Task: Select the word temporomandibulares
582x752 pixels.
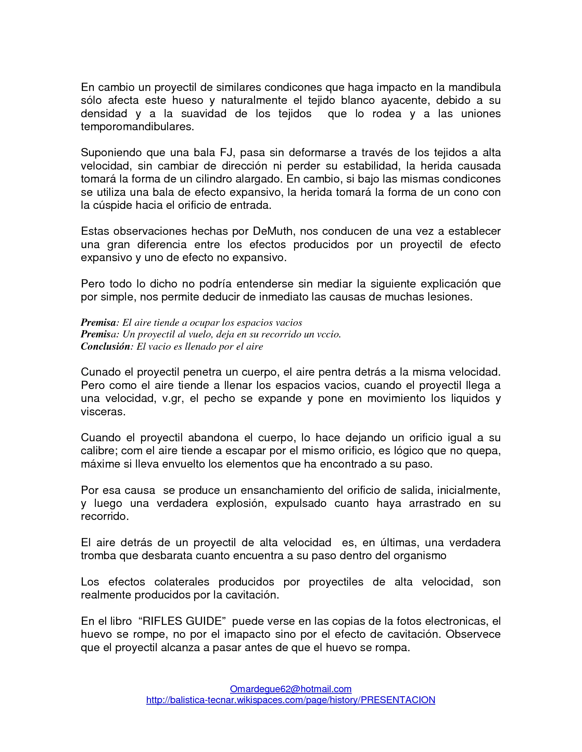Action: point(137,127)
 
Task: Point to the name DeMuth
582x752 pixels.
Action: point(273,231)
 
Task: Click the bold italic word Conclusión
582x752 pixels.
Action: point(105,346)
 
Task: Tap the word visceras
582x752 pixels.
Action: point(103,412)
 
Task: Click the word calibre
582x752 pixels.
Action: point(99,451)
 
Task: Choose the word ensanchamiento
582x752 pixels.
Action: point(282,490)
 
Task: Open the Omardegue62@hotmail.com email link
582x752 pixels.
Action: point(291,689)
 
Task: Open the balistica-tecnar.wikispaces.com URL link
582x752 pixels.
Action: point(291,700)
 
